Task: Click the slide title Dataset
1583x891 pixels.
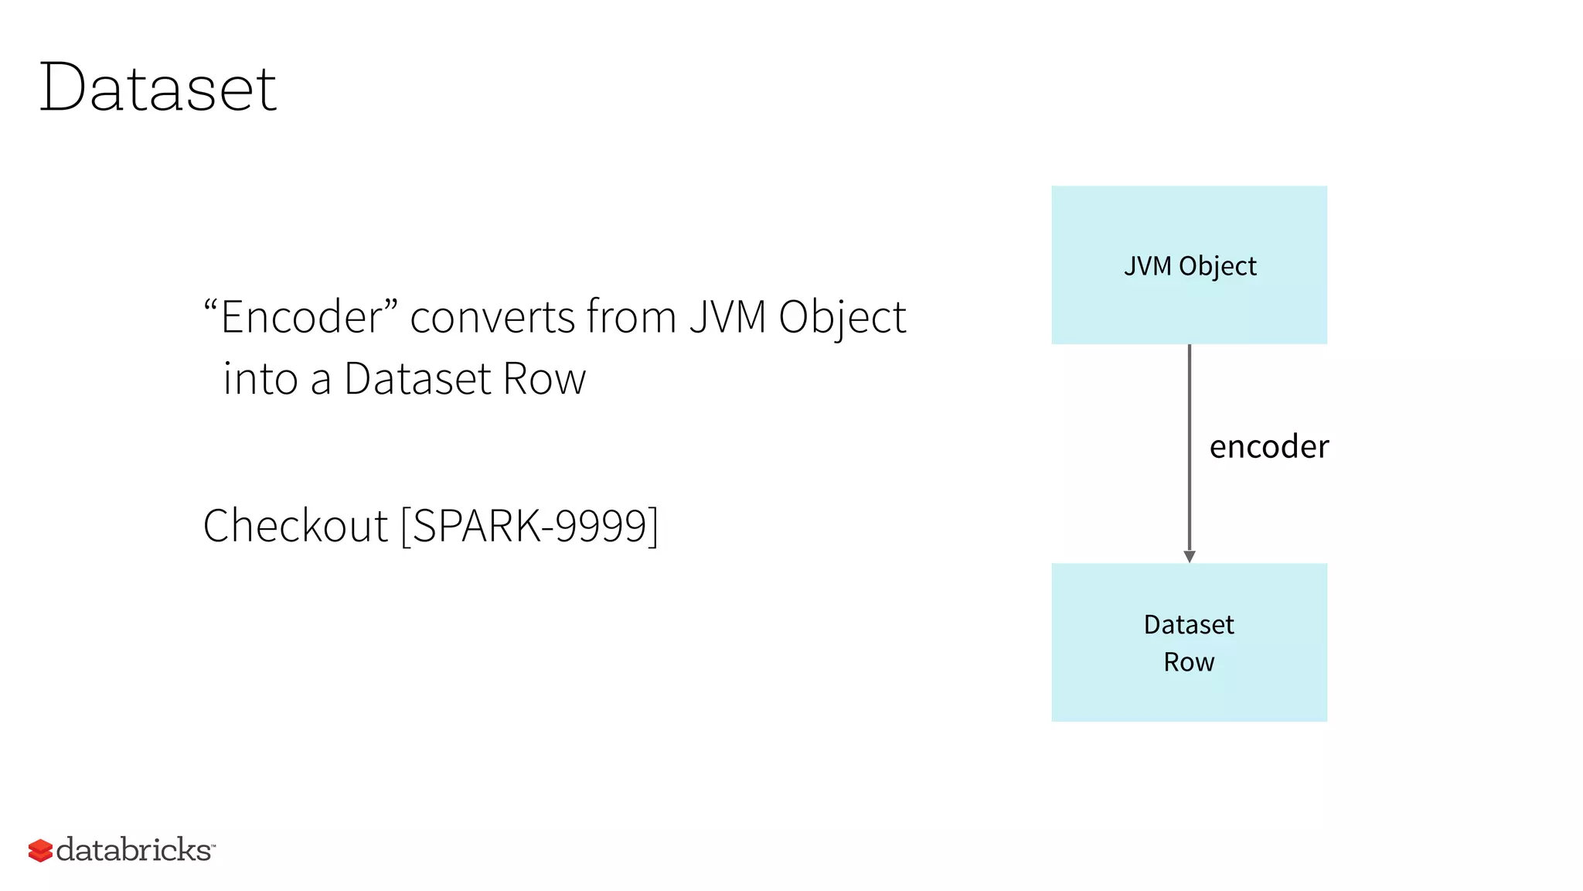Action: pos(158,88)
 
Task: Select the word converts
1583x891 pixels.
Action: pos(492,317)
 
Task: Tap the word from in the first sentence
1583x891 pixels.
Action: pos(631,317)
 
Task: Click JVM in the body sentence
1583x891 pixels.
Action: pos(727,317)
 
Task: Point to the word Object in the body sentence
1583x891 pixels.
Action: pos(842,319)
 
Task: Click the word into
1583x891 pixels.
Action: pos(260,379)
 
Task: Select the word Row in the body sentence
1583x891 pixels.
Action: pos(544,379)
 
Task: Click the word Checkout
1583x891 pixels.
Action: pos(295,526)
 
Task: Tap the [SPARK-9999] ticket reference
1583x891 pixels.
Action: pos(530,526)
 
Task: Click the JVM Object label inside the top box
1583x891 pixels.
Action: pos(1190,266)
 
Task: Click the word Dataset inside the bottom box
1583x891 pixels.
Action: pos(1189,624)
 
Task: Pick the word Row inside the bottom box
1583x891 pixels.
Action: pos(1189,662)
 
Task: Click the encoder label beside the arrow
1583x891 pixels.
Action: pos(1268,447)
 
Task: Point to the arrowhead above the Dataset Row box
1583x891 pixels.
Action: pos(1190,556)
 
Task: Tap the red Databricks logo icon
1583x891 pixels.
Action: pos(40,850)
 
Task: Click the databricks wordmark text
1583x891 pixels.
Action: pos(134,850)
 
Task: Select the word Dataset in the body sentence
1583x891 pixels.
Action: pos(417,379)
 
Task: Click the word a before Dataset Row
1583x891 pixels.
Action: pos(321,381)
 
